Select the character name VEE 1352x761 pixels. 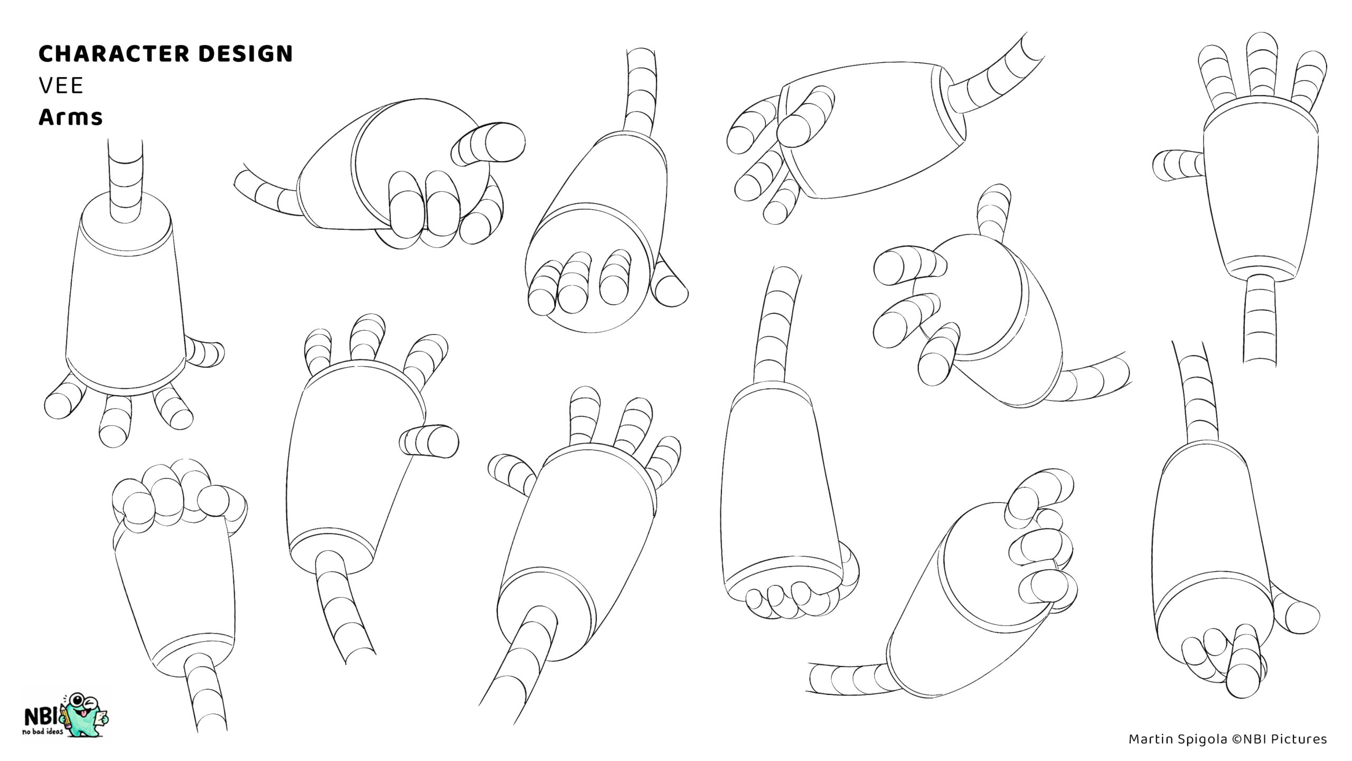61,86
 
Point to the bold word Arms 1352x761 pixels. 70,117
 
